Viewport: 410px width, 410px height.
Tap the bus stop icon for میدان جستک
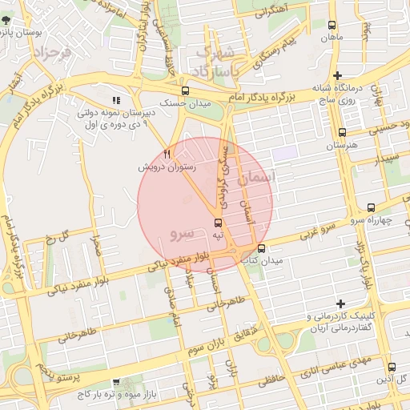[x=186, y=90]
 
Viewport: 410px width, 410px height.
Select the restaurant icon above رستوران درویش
[x=167, y=154]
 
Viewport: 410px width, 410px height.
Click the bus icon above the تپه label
[x=218, y=223]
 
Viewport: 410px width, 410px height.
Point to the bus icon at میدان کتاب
[x=261, y=248]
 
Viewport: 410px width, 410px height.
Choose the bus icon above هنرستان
[x=343, y=133]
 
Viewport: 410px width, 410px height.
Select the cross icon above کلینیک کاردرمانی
[x=341, y=303]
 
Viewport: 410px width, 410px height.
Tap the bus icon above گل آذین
[x=392, y=367]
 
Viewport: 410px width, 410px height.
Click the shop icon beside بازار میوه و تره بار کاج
[x=117, y=383]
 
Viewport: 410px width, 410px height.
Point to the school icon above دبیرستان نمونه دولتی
[x=116, y=101]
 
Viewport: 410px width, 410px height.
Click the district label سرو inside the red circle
[x=183, y=233]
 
